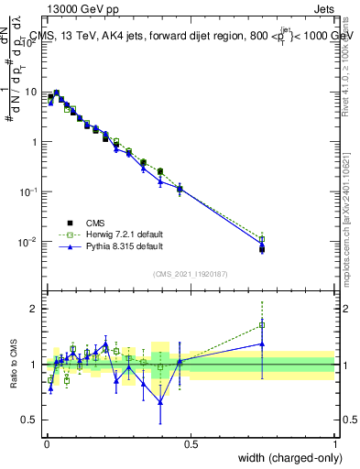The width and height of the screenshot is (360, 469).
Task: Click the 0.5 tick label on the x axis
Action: pos(191,443)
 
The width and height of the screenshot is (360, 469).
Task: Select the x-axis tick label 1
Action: pos(334,443)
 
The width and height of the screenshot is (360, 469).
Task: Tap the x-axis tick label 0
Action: pos(46,443)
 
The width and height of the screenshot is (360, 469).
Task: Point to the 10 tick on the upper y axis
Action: pos(31,93)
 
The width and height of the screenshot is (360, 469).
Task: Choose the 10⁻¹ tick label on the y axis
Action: pos(28,192)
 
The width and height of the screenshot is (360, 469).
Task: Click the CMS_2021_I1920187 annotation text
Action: pos(190,272)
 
